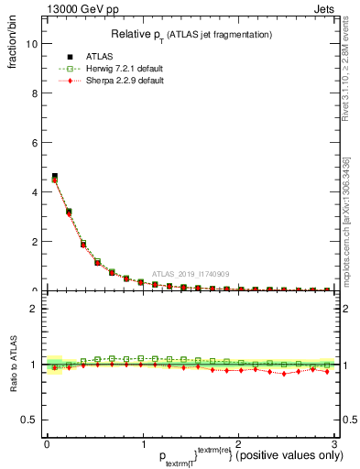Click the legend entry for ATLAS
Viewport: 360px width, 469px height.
pos(100,56)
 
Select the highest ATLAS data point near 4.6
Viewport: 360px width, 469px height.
pos(55,177)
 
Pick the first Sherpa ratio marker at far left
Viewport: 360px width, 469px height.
pos(55,368)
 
